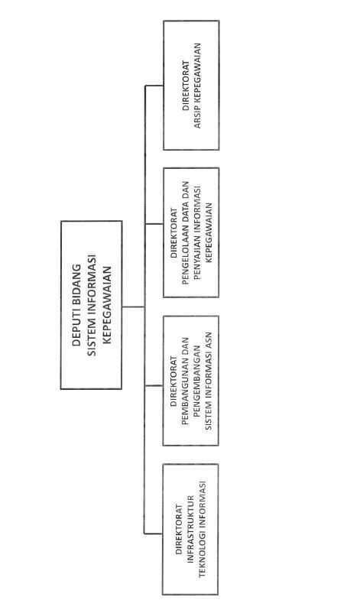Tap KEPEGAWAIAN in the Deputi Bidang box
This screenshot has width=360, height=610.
click(x=106, y=305)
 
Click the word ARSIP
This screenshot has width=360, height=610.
click(x=197, y=118)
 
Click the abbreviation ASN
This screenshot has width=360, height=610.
click(x=209, y=340)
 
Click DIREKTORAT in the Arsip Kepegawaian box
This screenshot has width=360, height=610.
click(x=186, y=86)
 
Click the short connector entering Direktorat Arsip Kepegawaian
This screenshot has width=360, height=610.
click(x=154, y=85)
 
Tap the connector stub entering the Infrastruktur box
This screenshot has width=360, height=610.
click(x=154, y=534)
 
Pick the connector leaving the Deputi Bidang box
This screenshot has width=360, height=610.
click(x=133, y=307)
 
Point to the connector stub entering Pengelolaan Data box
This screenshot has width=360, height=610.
click(x=154, y=224)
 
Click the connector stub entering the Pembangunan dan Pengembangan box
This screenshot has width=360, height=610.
click(x=154, y=385)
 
